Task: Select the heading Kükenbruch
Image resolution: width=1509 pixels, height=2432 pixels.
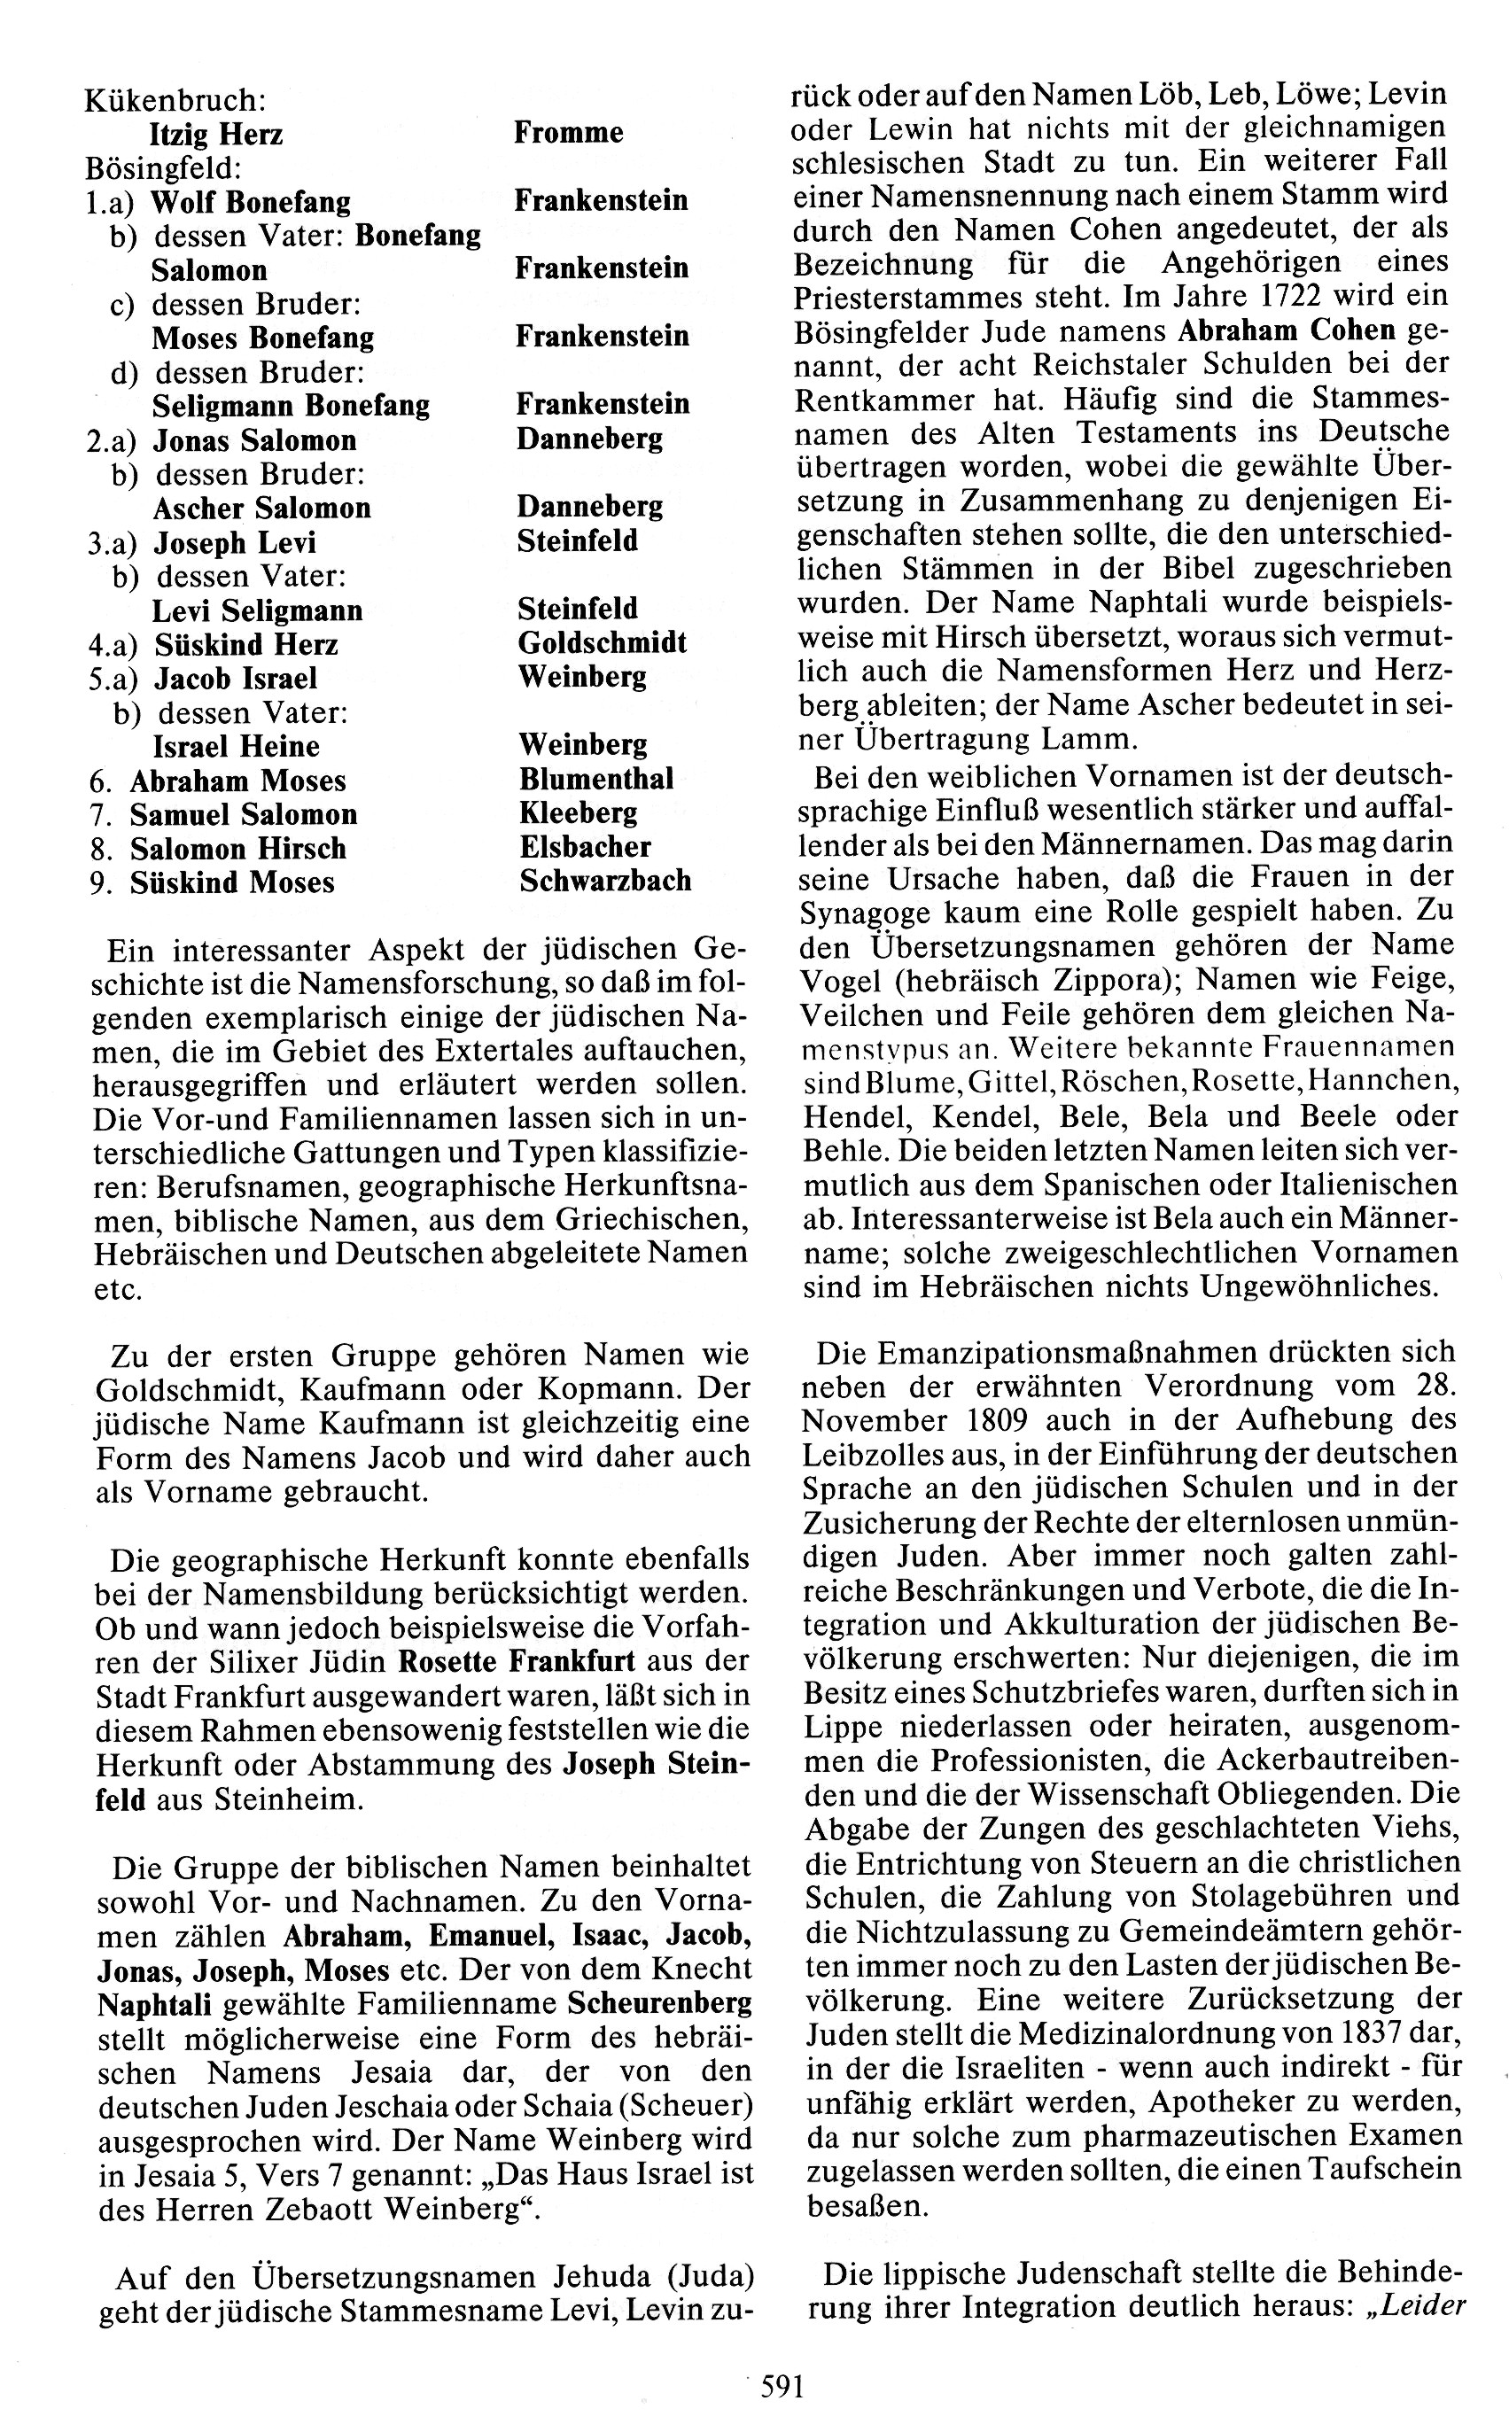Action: tap(175, 101)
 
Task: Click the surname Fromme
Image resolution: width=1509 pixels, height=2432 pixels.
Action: tap(568, 133)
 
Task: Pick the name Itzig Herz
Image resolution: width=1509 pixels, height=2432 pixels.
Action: tap(215, 135)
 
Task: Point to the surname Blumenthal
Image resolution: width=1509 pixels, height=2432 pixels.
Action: tap(595, 780)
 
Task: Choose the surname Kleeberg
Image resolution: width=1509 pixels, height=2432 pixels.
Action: tap(578, 813)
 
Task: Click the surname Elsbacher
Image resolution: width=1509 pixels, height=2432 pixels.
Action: tap(585, 847)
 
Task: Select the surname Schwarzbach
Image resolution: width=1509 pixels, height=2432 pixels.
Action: tap(605, 882)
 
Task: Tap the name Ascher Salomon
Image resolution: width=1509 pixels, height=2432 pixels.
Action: tap(261, 508)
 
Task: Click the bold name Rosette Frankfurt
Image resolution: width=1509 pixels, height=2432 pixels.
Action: tap(516, 1661)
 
